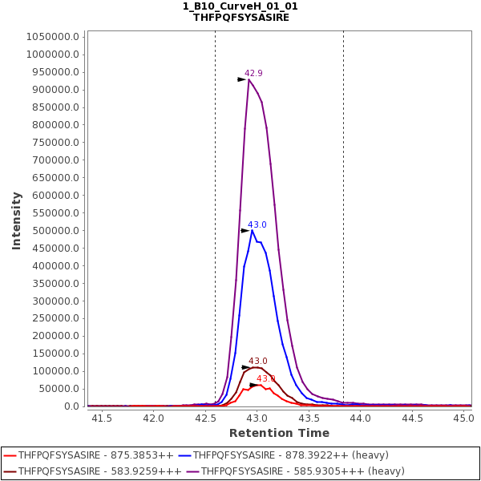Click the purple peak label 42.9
click(253, 73)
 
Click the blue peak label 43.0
click(257, 224)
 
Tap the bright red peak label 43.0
click(265, 378)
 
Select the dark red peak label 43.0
click(257, 362)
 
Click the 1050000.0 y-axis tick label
click(53, 37)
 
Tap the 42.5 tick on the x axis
click(205, 418)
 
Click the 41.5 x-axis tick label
click(102, 418)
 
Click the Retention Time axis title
click(279, 433)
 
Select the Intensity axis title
click(16, 220)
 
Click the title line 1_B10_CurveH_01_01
click(240, 6)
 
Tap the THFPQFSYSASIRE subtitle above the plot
click(240, 17)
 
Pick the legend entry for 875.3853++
click(95, 455)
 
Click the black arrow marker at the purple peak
click(242, 79)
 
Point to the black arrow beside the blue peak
click(245, 231)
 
